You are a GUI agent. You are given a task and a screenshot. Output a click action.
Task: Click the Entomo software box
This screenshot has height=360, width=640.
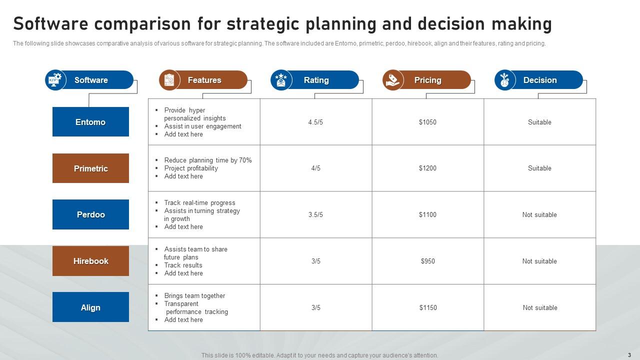pos(90,122)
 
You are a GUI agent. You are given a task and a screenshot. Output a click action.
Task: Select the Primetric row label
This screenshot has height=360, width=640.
pos(90,168)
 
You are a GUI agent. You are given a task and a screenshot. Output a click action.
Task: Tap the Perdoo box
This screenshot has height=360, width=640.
pos(90,214)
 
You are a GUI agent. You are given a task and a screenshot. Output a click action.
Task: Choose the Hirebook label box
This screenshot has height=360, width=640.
pos(90,261)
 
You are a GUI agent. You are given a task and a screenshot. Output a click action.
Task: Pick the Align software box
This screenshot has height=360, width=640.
pos(90,307)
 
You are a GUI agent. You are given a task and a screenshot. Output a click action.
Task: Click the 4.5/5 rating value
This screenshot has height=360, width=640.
pos(315,122)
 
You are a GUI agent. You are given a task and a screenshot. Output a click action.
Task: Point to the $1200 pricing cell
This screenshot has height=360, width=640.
pos(427,168)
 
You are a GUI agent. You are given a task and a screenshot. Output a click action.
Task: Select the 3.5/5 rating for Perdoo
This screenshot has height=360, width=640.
pos(315,214)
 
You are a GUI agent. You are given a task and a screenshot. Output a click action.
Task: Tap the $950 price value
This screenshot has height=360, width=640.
pos(427,261)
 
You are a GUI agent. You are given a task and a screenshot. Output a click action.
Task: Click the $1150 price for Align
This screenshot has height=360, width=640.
pos(428,307)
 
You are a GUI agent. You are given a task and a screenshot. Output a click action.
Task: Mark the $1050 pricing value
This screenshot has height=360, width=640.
pos(427,122)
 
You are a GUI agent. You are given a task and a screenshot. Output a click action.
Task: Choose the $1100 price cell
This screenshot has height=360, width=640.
pos(427,214)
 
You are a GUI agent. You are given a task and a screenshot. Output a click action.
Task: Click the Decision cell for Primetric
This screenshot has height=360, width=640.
pos(539,168)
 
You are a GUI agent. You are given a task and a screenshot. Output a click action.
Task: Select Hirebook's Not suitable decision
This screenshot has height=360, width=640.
pos(539,261)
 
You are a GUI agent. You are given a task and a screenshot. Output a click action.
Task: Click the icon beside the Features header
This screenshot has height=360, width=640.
pos(169,80)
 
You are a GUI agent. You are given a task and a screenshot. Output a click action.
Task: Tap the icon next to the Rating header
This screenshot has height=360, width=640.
pos(281,80)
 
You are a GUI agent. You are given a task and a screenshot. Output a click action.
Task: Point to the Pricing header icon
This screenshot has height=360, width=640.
pos(393,80)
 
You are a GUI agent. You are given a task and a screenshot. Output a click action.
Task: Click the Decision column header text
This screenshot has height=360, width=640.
pos(540,80)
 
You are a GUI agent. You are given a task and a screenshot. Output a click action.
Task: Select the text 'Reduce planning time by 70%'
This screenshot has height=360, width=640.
pos(208,160)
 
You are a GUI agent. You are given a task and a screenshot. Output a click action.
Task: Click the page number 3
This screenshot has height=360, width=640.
pos(629,355)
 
